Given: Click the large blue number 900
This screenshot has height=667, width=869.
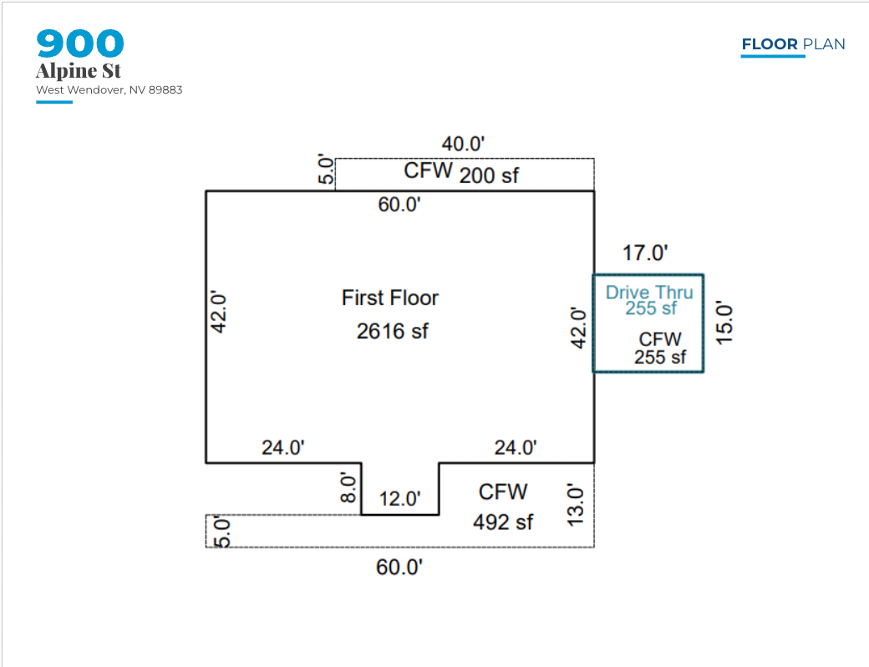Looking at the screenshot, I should pyautogui.click(x=80, y=44).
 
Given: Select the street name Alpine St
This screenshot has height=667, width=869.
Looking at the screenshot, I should pyautogui.click(x=79, y=71).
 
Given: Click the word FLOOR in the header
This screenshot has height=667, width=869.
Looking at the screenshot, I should pyautogui.click(x=770, y=44).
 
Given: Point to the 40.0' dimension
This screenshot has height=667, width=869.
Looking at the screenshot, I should pyautogui.click(x=463, y=144).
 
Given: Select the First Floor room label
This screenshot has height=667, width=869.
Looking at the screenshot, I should pyautogui.click(x=390, y=298).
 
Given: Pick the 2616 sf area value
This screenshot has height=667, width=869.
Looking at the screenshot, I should pyautogui.click(x=392, y=331).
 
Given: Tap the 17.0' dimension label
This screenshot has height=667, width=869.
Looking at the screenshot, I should pyautogui.click(x=646, y=252).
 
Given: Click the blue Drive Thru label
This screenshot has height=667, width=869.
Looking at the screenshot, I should pyautogui.click(x=649, y=293).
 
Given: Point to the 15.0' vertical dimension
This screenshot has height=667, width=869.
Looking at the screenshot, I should pyautogui.click(x=724, y=323).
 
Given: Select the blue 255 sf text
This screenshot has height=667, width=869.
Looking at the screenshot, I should pyautogui.click(x=651, y=308).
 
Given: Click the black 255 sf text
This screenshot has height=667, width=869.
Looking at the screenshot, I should pyautogui.click(x=660, y=357).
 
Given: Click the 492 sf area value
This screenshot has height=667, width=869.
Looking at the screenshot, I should pyautogui.click(x=503, y=522).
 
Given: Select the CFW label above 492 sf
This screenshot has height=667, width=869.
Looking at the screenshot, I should pyautogui.click(x=503, y=491).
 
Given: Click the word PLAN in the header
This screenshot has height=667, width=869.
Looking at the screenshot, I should pyautogui.click(x=823, y=44).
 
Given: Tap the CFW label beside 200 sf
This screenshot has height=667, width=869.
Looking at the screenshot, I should pyautogui.click(x=429, y=171).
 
